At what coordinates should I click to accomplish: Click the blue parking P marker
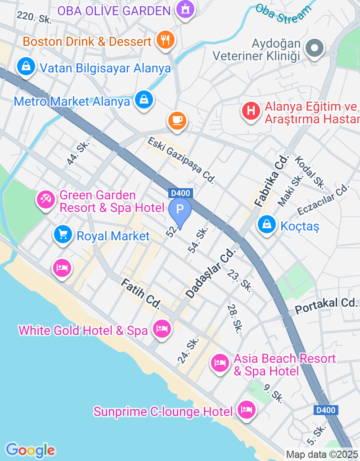pyautogui.click(x=180, y=210)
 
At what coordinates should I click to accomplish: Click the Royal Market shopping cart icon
pyautogui.click(x=63, y=234)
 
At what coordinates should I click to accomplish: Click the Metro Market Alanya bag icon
pyautogui.click(x=144, y=99)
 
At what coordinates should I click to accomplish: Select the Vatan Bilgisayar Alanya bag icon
pyautogui.click(x=27, y=66)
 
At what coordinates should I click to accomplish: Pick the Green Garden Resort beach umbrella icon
pyautogui.click(x=46, y=199)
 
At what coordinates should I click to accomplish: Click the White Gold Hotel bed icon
pyautogui.click(x=162, y=329)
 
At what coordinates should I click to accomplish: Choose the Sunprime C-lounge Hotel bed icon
pyautogui.click(x=246, y=410)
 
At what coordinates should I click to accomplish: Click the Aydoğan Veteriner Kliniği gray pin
pyautogui.click(x=315, y=47)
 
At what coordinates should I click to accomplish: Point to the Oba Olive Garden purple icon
pyautogui.click(x=185, y=9)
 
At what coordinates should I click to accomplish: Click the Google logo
pyautogui.click(x=31, y=450)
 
